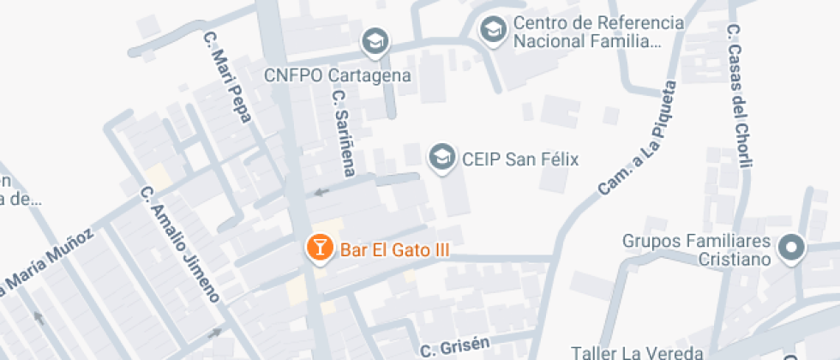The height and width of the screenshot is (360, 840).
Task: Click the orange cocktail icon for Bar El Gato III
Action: click(319, 249)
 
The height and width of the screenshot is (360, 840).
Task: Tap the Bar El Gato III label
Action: click(395, 250)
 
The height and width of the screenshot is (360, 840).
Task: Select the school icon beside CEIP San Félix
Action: click(442, 158)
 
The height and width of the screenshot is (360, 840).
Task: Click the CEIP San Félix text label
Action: click(520, 159)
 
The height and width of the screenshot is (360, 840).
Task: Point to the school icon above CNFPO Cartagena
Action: click(375, 40)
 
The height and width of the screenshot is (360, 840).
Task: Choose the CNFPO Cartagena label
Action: click(338, 75)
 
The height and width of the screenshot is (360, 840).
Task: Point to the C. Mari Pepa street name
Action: click(227, 77)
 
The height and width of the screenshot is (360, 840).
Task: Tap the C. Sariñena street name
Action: click(344, 133)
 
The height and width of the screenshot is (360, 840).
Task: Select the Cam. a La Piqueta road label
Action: click(638, 137)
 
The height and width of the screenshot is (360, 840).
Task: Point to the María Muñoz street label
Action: click(48, 261)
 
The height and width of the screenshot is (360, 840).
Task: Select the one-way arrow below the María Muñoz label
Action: click(38, 318)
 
